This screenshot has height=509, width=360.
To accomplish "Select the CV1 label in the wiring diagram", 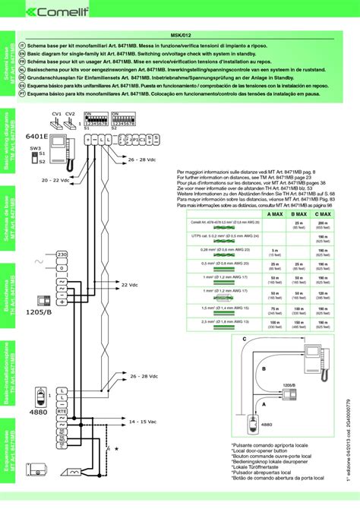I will click(56, 113).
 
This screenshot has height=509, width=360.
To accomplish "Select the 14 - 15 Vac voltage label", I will click(144, 420).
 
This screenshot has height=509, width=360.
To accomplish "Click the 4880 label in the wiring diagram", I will click(39, 412).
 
